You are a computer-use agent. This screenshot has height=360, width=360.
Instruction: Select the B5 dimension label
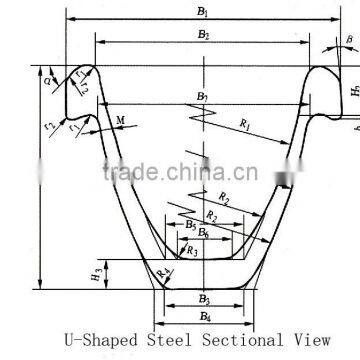point(190,225)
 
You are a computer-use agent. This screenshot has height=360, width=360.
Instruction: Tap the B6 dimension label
point(203,233)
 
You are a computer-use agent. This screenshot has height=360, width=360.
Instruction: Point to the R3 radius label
point(191,251)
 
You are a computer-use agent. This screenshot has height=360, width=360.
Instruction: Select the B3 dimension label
point(203,299)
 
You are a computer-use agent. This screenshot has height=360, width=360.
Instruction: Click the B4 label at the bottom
point(204,317)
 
